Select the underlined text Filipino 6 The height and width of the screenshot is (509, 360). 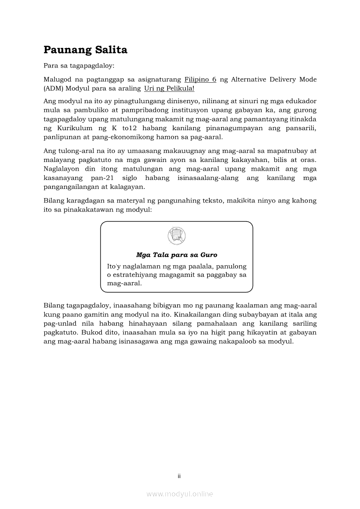pos(200,80)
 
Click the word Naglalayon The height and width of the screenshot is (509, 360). pos(63,169)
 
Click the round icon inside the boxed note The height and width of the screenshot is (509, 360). pos(177,236)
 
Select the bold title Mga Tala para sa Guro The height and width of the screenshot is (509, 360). pos(177,255)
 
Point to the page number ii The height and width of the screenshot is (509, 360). pos(179,476)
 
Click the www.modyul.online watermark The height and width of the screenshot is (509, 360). pos(180,494)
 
